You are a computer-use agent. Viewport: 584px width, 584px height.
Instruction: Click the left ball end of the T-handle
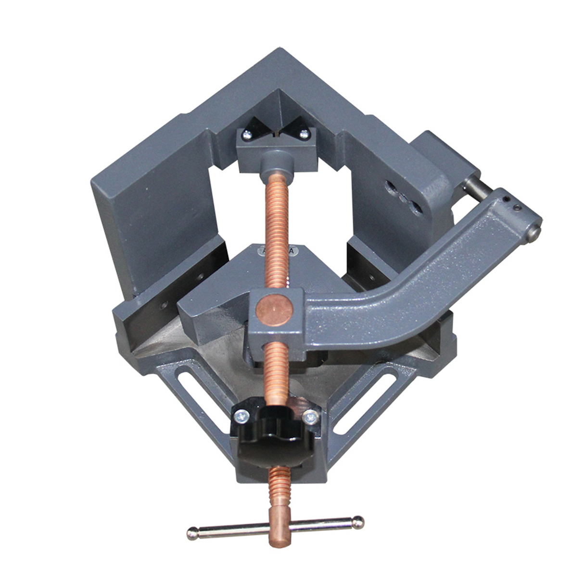tap(192, 533)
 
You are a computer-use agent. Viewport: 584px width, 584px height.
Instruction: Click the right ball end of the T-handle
tap(358, 521)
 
